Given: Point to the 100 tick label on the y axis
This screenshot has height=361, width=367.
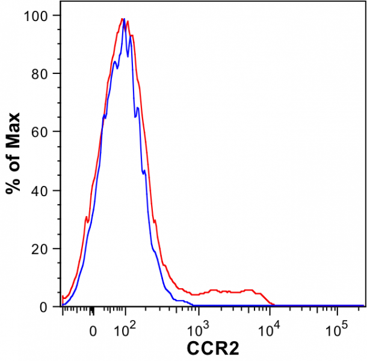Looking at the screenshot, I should click(40, 15).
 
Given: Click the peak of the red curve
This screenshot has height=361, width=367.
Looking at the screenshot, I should click(122, 19).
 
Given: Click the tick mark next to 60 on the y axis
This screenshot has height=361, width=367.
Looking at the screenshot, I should click(58, 132).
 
